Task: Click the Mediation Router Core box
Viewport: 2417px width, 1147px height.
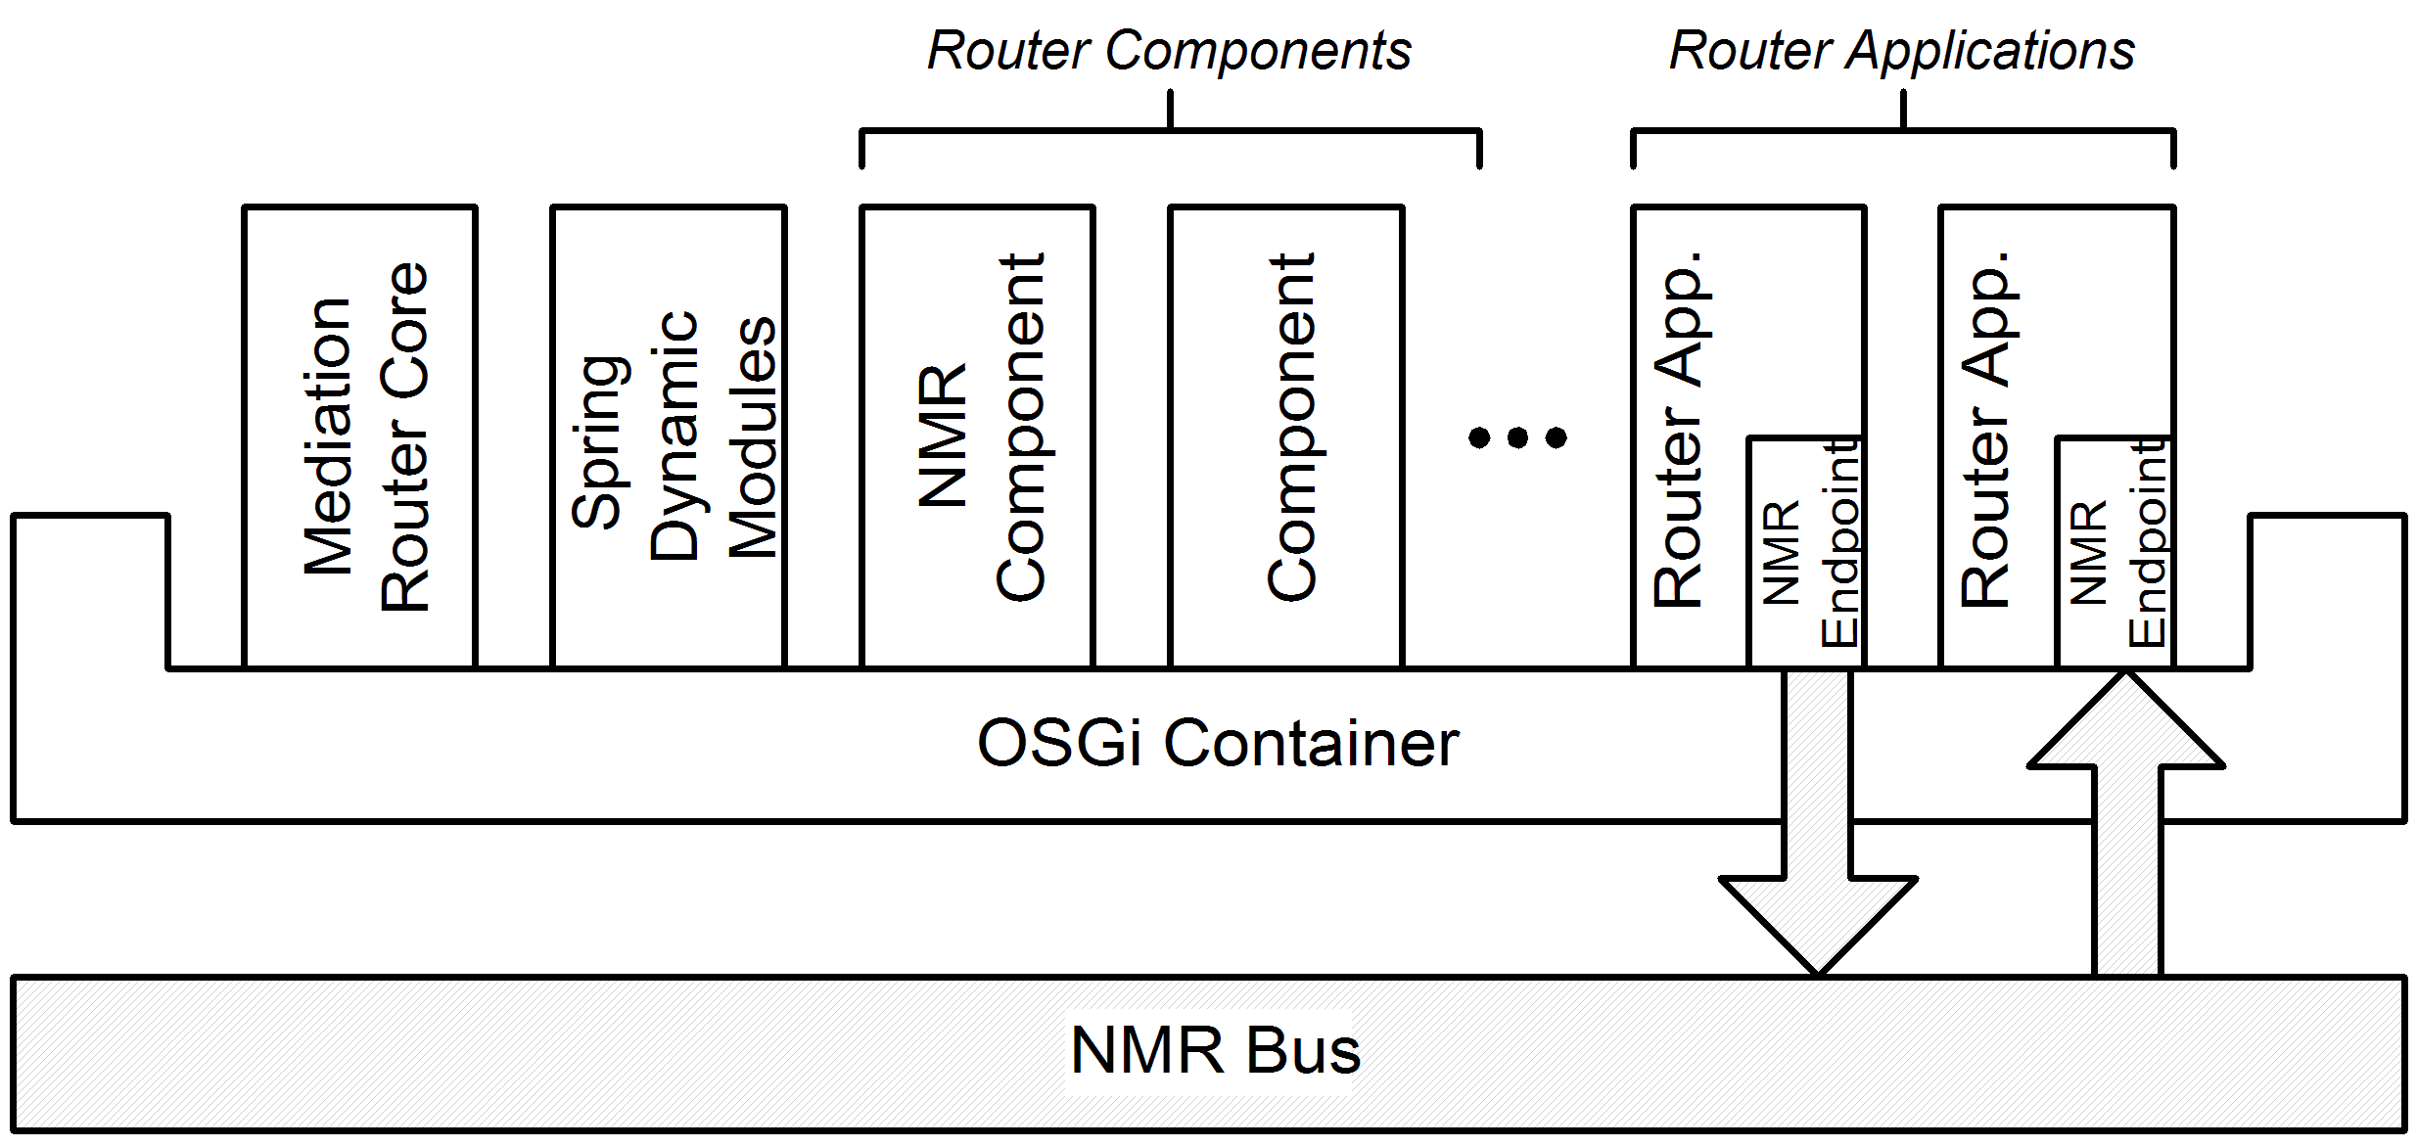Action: [x=360, y=436]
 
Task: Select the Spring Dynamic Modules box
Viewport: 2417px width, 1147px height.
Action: [x=669, y=436]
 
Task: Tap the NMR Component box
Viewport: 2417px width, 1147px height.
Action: [x=977, y=436]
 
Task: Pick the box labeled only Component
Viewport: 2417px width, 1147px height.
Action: [x=1286, y=436]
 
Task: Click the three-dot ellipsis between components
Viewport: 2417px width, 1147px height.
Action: [x=1517, y=437]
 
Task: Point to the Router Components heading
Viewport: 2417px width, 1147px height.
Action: [x=1169, y=51]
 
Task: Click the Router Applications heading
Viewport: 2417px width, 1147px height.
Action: [x=1901, y=51]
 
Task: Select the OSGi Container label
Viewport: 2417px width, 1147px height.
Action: [x=1218, y=744]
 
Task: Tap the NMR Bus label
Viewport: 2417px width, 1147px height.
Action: [x=1215, y=1051]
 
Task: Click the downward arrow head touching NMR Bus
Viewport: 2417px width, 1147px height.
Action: [x=1818, y=920]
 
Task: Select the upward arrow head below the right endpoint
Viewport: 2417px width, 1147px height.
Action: [x=2126, y=724]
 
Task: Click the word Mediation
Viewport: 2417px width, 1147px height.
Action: [x=327, y=436]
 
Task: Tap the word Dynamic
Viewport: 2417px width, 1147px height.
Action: [x=674, y=436]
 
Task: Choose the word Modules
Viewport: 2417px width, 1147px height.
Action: [x=752, y=438]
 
